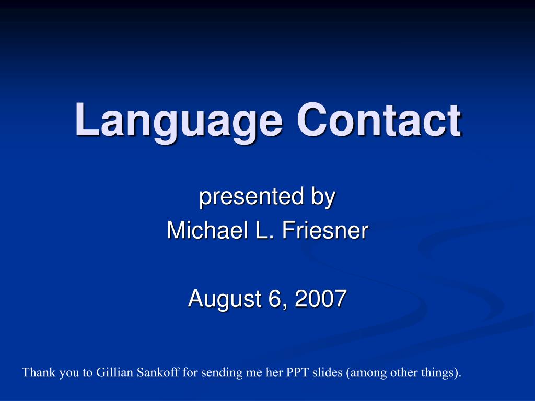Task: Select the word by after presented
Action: (323, 198)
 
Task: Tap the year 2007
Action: (320, 299)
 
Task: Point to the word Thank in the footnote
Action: (35, 373)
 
